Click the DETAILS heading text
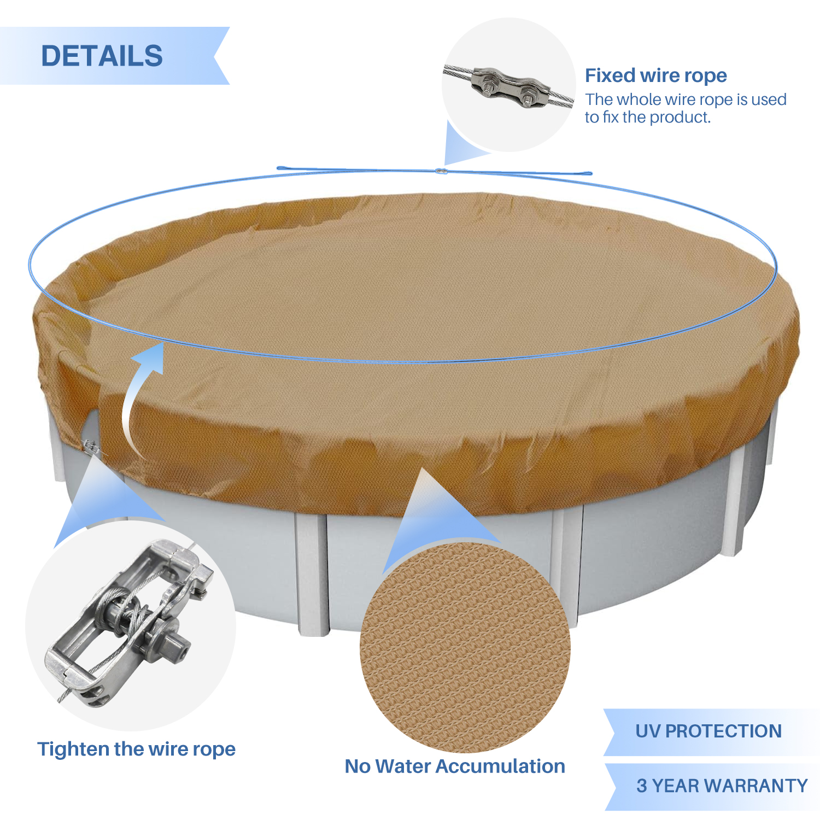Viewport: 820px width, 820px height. click(102, 56)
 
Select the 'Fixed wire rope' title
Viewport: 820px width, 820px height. click(656, 75)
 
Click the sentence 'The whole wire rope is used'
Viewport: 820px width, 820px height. click(686, 99)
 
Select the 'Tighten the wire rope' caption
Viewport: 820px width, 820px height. click(136, 749)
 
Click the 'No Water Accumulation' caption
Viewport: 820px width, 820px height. click(455, 766)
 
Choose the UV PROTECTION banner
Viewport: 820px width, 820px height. click(711, 732)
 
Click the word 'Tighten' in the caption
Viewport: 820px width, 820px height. click(71, 749)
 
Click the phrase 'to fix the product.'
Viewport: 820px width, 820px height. click(648, 117)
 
